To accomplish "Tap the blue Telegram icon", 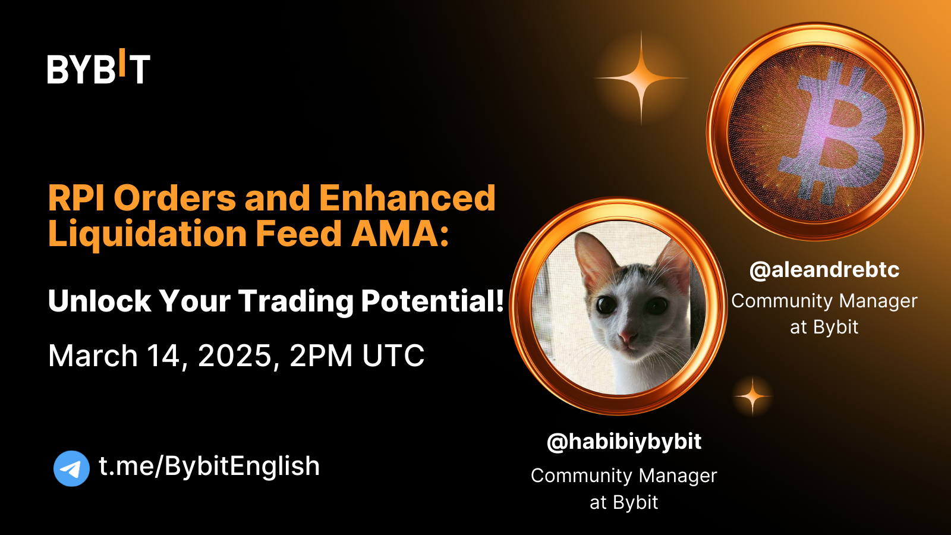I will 71,468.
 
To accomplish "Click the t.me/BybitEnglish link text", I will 209,466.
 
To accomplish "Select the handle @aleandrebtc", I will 824,270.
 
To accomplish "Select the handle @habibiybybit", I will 624,442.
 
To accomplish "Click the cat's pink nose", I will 626,337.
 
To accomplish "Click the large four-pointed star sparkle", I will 641,78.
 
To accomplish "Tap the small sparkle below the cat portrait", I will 752,396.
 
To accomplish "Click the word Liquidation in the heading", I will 147,234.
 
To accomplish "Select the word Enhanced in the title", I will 407,198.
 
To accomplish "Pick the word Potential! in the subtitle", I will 433,301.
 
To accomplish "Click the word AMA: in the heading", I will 400,234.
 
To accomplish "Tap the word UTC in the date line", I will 393,355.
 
